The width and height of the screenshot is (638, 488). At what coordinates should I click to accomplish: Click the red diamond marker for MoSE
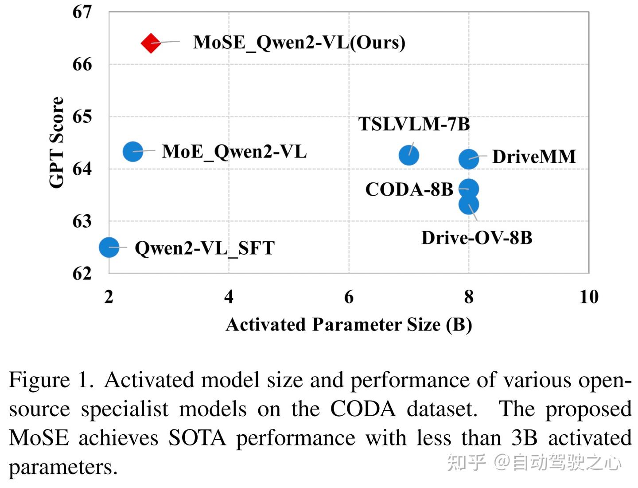pos(151,43)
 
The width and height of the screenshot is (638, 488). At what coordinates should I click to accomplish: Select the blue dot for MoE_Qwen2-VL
pos(132,152)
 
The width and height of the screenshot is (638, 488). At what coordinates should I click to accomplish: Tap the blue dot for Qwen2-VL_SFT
pos(109,247)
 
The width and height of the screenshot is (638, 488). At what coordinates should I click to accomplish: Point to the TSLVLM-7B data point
pos(408,155)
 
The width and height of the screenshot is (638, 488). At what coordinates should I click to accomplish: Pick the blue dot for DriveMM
pos(468,159)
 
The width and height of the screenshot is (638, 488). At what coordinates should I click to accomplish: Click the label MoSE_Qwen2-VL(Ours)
pos(299,43)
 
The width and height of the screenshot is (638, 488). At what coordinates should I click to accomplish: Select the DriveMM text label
pos(534,157)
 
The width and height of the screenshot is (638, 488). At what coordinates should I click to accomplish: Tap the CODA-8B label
pos(409,189)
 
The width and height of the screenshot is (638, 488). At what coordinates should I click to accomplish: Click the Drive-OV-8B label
pos(477,238)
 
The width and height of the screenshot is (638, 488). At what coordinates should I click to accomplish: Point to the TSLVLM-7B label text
pos(414,124)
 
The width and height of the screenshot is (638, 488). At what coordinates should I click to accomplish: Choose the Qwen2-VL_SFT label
pos(205,248)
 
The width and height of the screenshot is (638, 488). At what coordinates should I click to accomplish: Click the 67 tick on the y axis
pos(82,12)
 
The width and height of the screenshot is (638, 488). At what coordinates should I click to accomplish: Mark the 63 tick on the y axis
pos(82,221)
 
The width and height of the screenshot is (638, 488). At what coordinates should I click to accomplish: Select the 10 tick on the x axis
pos(589,297)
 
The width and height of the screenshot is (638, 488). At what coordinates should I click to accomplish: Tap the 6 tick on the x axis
pos(349,297)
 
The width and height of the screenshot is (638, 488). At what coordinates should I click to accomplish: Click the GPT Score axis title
pos(57,142)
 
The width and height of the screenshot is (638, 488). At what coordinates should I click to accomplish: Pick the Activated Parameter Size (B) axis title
pos(349,325)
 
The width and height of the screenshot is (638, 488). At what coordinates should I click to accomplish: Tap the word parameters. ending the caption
pos(63,467)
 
